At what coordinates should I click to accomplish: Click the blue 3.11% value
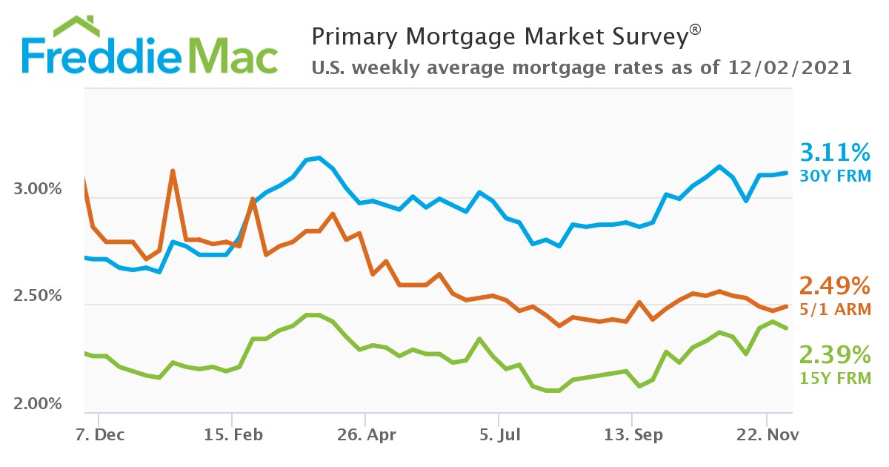click(x=835, y=153)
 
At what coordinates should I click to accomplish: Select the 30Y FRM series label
click(x=835, y=176)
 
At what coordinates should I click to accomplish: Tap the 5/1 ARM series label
click(x=835, y=309)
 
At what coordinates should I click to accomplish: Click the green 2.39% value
click(x=835, y=354)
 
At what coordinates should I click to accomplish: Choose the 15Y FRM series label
click(x=835, y=378)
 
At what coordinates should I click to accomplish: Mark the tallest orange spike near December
click(x=173, y=171)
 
